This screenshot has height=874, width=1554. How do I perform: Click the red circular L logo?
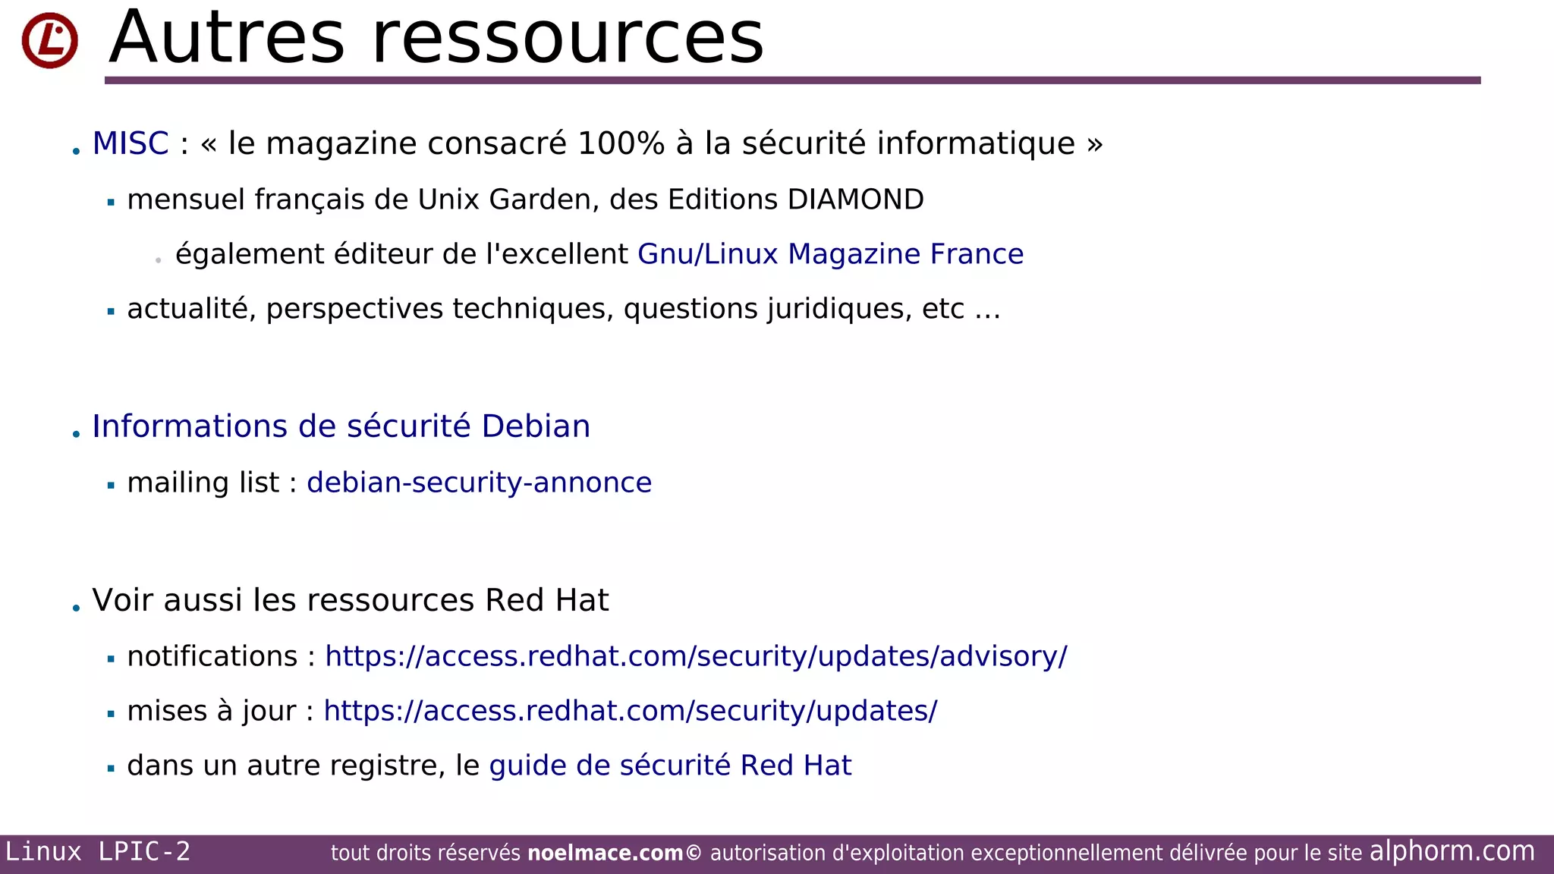tap(49, 40)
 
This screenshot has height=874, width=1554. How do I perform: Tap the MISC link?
tap(130, 143)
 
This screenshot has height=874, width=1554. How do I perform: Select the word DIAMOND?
tap(855, 200)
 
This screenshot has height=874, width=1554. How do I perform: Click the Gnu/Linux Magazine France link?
tap(830, 254)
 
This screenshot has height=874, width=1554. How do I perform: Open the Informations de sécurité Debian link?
tap(341, 426)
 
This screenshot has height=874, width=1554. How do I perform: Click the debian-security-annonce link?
tap(479, 483)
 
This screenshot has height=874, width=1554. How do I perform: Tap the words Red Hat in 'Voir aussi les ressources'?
tap(546, 600)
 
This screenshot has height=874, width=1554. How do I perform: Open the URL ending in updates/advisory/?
tap(696, 656)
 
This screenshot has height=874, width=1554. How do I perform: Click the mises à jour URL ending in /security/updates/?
tap(630, 711)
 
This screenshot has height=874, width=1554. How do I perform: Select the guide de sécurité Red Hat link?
tap(670, 766)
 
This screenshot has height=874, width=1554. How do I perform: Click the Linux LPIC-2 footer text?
tap(98, 852)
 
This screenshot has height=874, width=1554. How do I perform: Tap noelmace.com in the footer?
tap(605, 854)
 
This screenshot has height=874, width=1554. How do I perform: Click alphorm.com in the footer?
tap(1452, 851)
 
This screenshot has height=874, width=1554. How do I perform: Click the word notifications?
tap(212, 656)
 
